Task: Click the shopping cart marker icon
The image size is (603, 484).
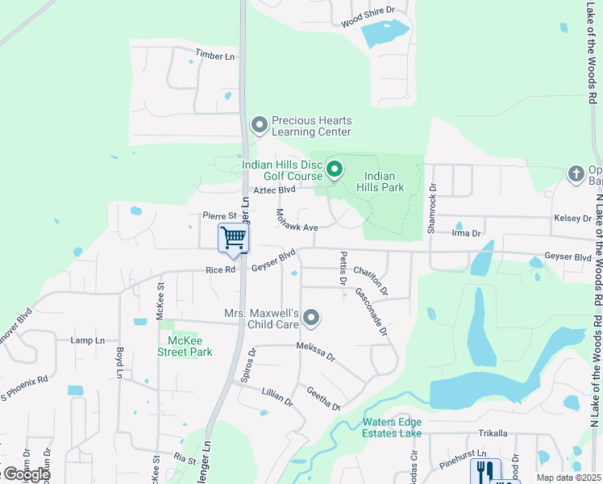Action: (233, 238)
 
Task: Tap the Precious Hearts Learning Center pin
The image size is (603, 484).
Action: (259, 125)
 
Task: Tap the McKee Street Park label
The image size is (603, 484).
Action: (184, 346)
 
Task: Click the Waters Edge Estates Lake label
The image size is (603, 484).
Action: (392, 428)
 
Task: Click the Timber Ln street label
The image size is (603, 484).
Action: (214, 55)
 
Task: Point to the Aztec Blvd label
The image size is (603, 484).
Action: (275, 190)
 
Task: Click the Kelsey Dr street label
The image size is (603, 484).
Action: (572, 219)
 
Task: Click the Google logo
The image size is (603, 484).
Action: (26, 474)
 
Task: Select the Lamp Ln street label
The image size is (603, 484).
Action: (88, 341)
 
